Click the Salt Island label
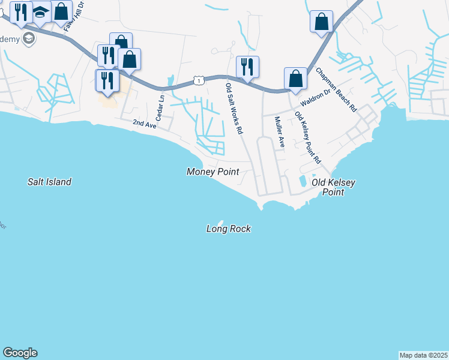tap(49, 182)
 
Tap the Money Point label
tap(212, 172)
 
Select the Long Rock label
tap(228, 229)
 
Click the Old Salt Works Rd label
tap(234, 109)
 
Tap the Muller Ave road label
tap(279, 132)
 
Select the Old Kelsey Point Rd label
tap(307, 137)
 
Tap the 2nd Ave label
tap(144, 123)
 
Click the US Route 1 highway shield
tap(198, 80)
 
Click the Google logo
tap(20, 353)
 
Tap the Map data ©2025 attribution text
tap(423, 355)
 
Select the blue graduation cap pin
tap(41, 12)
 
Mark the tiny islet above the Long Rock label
tap(220, 221)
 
